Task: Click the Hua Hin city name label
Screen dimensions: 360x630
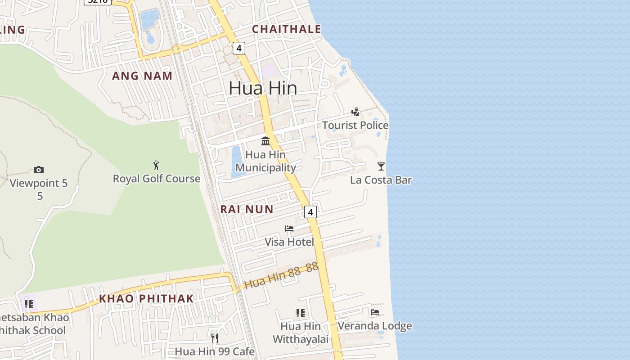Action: click(263, 88)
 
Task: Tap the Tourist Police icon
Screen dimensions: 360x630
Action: click(355, 112)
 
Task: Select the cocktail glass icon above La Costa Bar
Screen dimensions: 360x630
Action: click(381, 166)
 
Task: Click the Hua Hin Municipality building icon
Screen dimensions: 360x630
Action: click(265, 141)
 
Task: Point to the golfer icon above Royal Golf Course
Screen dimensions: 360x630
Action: click(156, 165)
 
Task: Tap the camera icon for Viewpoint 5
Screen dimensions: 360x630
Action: click(39, 170)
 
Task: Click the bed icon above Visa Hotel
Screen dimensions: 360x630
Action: click(289, 229)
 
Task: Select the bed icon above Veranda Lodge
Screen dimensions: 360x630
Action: click(375, 312)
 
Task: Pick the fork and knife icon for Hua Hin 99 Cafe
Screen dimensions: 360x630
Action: click(215, 338)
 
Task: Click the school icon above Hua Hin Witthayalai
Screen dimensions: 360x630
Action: click(300, 313)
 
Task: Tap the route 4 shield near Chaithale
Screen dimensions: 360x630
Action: click(238, 48)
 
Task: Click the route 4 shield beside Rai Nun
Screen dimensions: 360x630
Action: click(310, 211)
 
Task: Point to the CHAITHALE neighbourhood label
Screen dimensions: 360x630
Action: click(286, 29)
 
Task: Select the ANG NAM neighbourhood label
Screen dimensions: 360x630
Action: click(142, 76)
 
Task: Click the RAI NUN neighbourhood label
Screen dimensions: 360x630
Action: click(247, 209)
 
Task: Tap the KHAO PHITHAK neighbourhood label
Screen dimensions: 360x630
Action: click(146, 298)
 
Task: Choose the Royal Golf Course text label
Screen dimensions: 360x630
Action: click(157, 179)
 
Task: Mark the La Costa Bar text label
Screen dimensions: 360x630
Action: click(381, 180)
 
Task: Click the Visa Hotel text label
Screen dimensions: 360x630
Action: click(289, 242)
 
